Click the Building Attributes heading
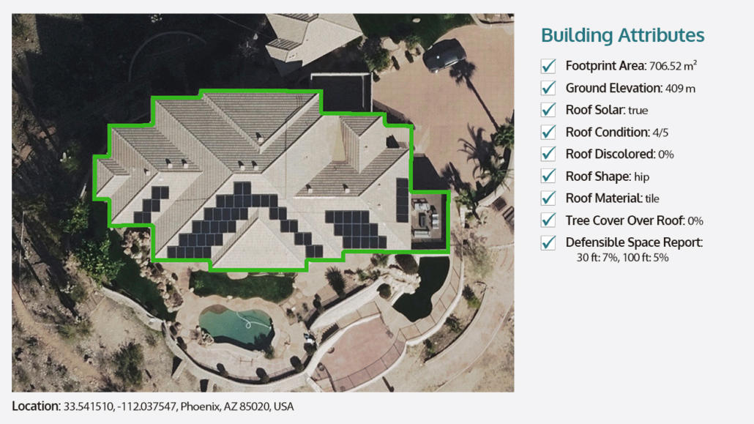[x=622, y=35]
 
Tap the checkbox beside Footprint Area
[x=548, y=67]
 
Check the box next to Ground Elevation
[x=548, y=89]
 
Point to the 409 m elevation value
[x=680, y=89]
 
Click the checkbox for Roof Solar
[x=548, y=111]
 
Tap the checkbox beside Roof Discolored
[x=548, y=155]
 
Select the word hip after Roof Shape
[x=641, y=177]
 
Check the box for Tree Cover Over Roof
[x=548, y=220]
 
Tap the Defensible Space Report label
[x=633, y=242]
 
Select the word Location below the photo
[x=34, y=406]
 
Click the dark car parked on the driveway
[x=444, y=54]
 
